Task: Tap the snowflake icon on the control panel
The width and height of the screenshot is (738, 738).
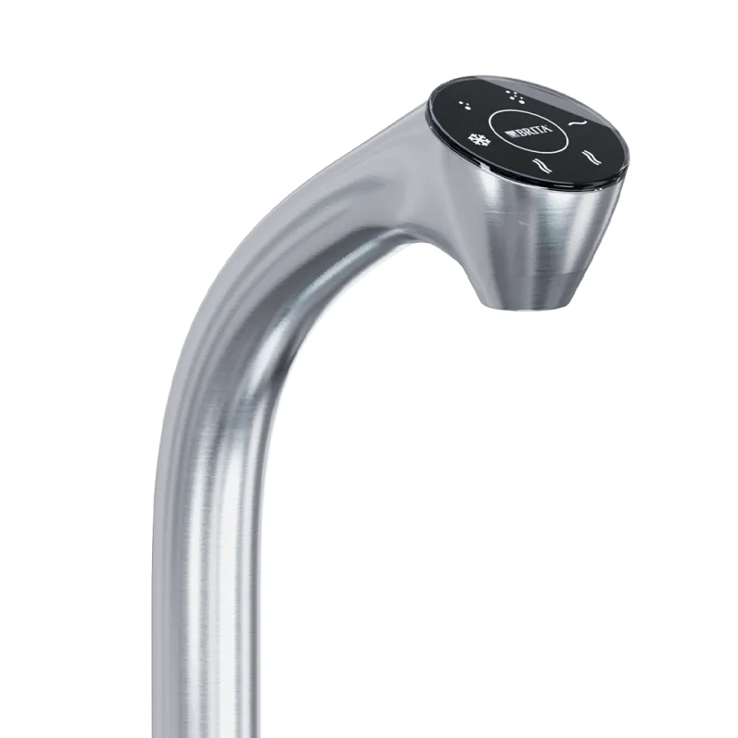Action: click(x=478, y=139)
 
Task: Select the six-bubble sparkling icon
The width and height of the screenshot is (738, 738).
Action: click(x=515, y=96)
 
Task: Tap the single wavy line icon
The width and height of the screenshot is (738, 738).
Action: click(x=579, y=123)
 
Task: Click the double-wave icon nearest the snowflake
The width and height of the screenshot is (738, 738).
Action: click(x=541, y=165)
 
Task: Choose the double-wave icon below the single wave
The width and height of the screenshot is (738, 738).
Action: click(x=592, y=158)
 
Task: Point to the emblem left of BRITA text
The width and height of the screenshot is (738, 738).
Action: click(x=510, y=134)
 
